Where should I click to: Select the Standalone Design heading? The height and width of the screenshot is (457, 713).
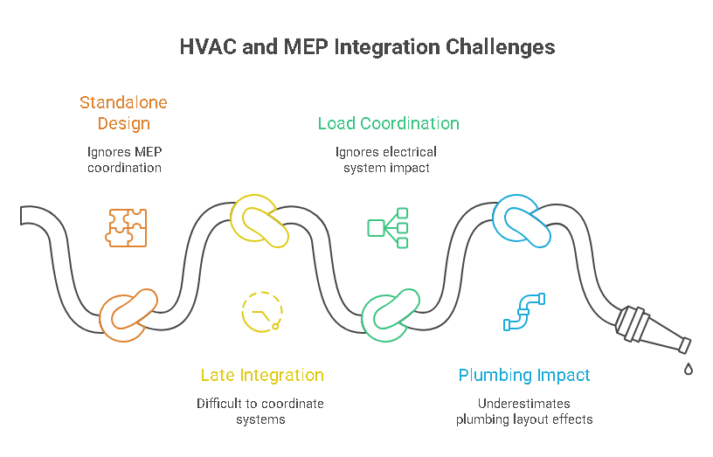pos(123,113)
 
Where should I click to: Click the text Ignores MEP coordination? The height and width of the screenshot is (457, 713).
pos(123,159)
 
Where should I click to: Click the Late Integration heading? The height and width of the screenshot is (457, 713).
pos(262,376)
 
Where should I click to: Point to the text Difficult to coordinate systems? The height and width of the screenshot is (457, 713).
pos(260,411)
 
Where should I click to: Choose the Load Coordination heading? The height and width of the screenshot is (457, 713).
pos(388,123)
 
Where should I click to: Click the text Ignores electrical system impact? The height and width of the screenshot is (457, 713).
pos(385,159)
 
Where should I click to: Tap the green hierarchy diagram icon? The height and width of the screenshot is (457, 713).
pos(388,227)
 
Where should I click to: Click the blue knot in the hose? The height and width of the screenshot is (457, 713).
pos(522,219)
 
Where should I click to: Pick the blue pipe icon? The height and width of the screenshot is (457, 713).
pos(523,312)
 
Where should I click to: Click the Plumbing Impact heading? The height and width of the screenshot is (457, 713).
pos(524,376)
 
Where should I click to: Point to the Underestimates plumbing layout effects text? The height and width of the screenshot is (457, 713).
pos(524,411)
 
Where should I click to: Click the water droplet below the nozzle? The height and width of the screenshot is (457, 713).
pos(689,370)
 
